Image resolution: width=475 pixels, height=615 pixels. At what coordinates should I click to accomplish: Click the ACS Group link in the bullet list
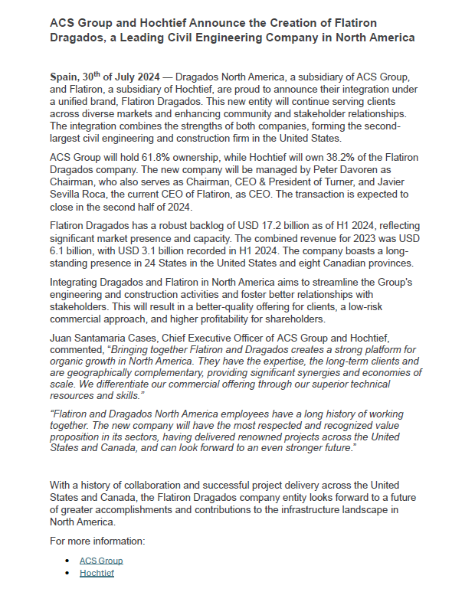[101, 560]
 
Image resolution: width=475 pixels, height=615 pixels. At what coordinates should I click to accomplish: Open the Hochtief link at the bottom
[97, 572]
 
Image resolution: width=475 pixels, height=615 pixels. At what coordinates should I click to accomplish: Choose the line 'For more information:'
[97, 541]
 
